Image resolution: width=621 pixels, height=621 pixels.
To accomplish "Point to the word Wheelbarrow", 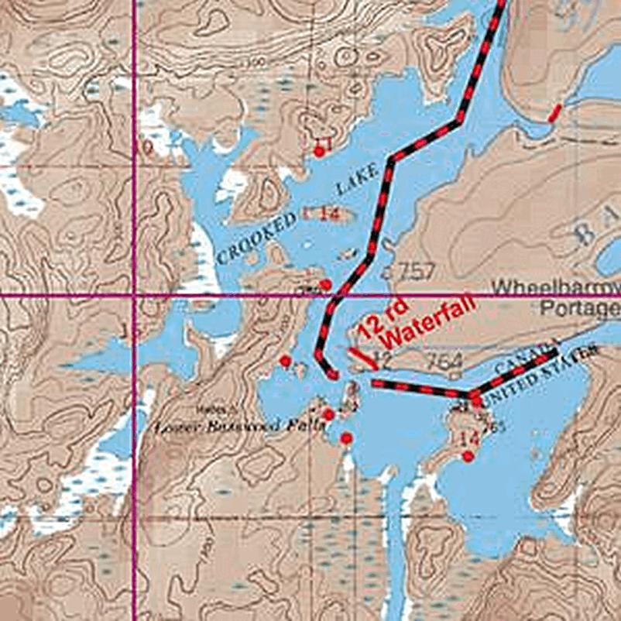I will click(556, 287).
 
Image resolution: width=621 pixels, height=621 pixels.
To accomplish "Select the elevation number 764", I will click(444, 361).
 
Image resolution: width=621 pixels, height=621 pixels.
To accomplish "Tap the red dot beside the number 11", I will click(318, 152).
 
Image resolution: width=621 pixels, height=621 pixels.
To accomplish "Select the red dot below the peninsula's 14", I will click(468, 456).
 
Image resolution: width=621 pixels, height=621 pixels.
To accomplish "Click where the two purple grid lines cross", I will click(136, 296).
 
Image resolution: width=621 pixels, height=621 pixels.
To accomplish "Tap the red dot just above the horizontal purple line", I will click(325, 284).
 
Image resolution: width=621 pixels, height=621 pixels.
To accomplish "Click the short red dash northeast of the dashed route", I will click(554, 113).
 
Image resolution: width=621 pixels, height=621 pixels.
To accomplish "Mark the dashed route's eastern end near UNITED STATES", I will click(555, 354).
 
